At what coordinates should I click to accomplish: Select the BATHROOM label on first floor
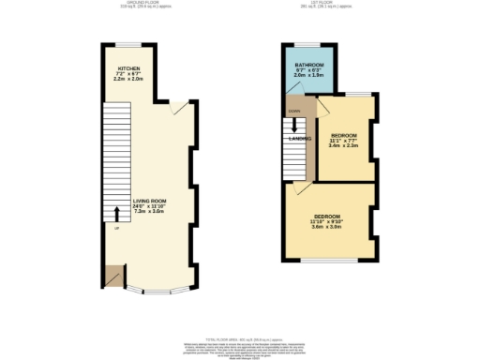click(x=309, y=64)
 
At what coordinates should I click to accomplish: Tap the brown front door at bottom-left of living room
click(x=113, y=276)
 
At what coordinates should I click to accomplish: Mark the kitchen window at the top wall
click(x=125, y=44)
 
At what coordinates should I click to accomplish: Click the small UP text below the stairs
click(x=115, y=229)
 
